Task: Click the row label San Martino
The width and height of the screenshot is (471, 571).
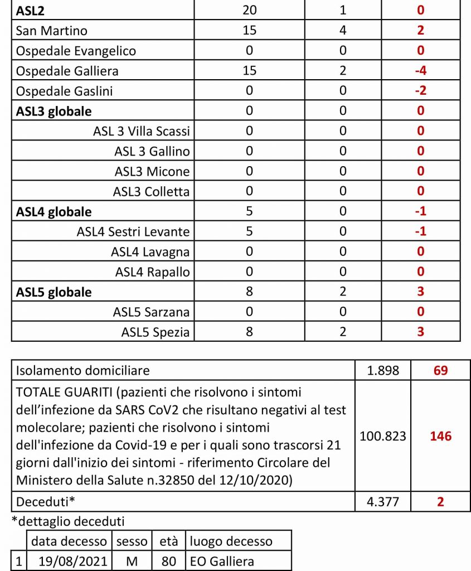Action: (52, 31)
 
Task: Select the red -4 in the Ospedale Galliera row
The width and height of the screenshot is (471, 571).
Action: (420, 71)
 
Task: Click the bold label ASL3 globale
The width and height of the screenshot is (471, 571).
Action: (54, 111)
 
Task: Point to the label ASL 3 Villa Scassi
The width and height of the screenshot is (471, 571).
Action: (142, 131)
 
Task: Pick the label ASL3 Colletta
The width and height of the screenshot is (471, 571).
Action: (151, 191)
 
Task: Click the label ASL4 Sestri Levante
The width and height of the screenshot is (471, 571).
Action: (133, 231)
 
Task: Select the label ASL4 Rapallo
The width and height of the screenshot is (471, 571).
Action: (152, 272)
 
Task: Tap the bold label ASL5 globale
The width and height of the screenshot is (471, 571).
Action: (54, 292)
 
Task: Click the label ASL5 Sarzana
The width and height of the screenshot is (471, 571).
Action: (151, 312)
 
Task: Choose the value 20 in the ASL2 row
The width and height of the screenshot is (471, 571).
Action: (249, 10)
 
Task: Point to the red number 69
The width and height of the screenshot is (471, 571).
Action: (440, 370)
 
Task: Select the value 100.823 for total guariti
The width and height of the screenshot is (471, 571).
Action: (383, 436)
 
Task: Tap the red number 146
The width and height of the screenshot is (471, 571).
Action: (440, 436)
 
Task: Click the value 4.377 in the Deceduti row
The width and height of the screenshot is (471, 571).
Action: (383, 501)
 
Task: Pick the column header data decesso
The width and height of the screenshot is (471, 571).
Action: (69, 541)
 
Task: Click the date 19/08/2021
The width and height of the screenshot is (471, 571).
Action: (69, 561)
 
